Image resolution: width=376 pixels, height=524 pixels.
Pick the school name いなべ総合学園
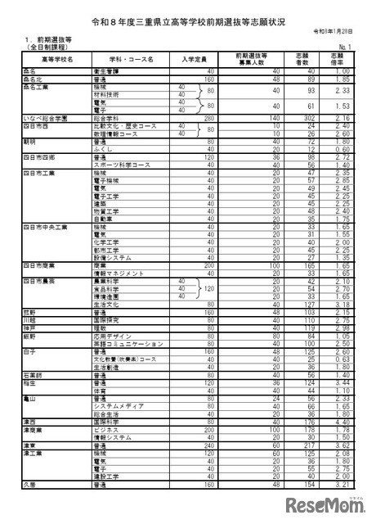click(38, 118)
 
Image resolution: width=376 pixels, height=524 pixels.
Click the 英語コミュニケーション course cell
click(128, 342)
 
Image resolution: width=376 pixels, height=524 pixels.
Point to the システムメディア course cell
click(119, 407)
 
